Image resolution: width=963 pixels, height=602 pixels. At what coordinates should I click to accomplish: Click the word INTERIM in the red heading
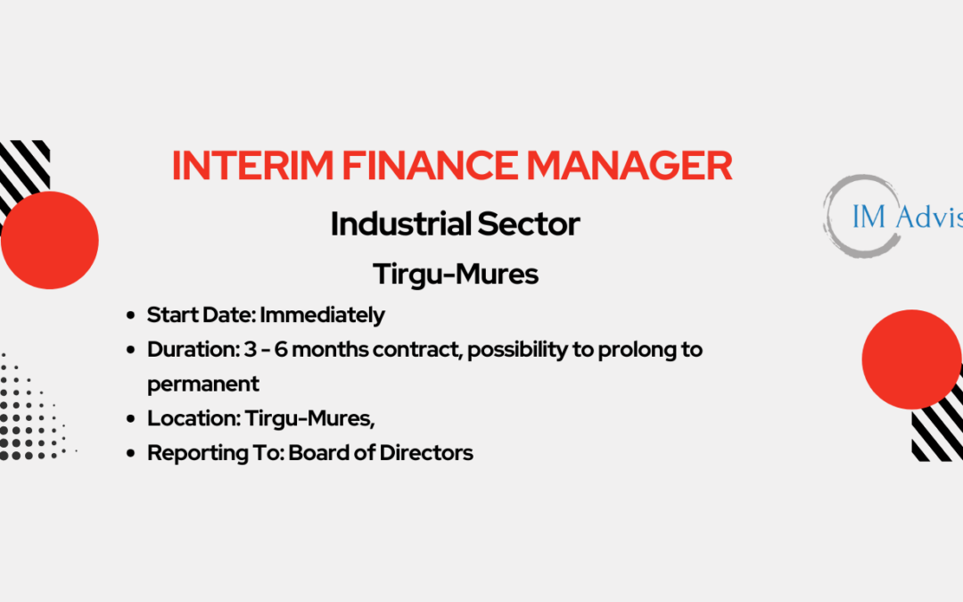coord(252,165)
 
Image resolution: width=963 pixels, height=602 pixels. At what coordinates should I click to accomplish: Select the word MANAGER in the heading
coord(630,165)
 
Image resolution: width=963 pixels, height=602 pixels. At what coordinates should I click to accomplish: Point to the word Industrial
coord(400,224)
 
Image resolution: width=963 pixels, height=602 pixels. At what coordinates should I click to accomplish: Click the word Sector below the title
coord(528,224)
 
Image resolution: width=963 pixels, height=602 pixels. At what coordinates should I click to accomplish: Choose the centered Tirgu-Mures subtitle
coord(456,274)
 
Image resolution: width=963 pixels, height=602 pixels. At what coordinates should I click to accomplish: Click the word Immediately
coord(323,315)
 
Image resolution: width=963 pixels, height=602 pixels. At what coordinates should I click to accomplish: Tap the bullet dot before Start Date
coord(130,316)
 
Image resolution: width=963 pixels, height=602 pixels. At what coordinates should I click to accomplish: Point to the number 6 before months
coord(281,350)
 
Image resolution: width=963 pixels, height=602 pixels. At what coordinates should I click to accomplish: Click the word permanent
coord(203,384)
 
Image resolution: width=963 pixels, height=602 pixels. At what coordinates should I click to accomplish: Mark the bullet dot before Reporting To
coord(130,453)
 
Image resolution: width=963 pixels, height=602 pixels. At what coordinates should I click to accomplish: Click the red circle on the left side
coord(50,240)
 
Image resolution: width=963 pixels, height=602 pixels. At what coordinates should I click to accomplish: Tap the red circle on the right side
coord(911,359)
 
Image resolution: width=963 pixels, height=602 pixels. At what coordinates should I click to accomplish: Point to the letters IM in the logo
coord(869,217)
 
